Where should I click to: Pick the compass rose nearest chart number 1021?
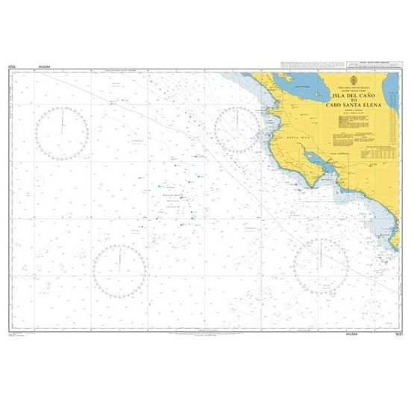pos(322,266)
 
